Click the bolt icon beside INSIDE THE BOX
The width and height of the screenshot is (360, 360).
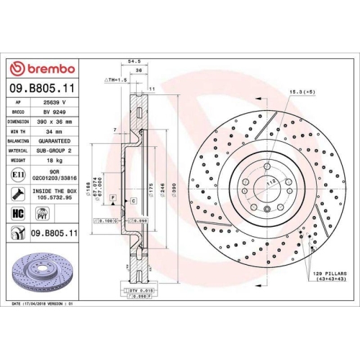[17, 192]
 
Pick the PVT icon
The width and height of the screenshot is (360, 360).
[42, 213]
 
